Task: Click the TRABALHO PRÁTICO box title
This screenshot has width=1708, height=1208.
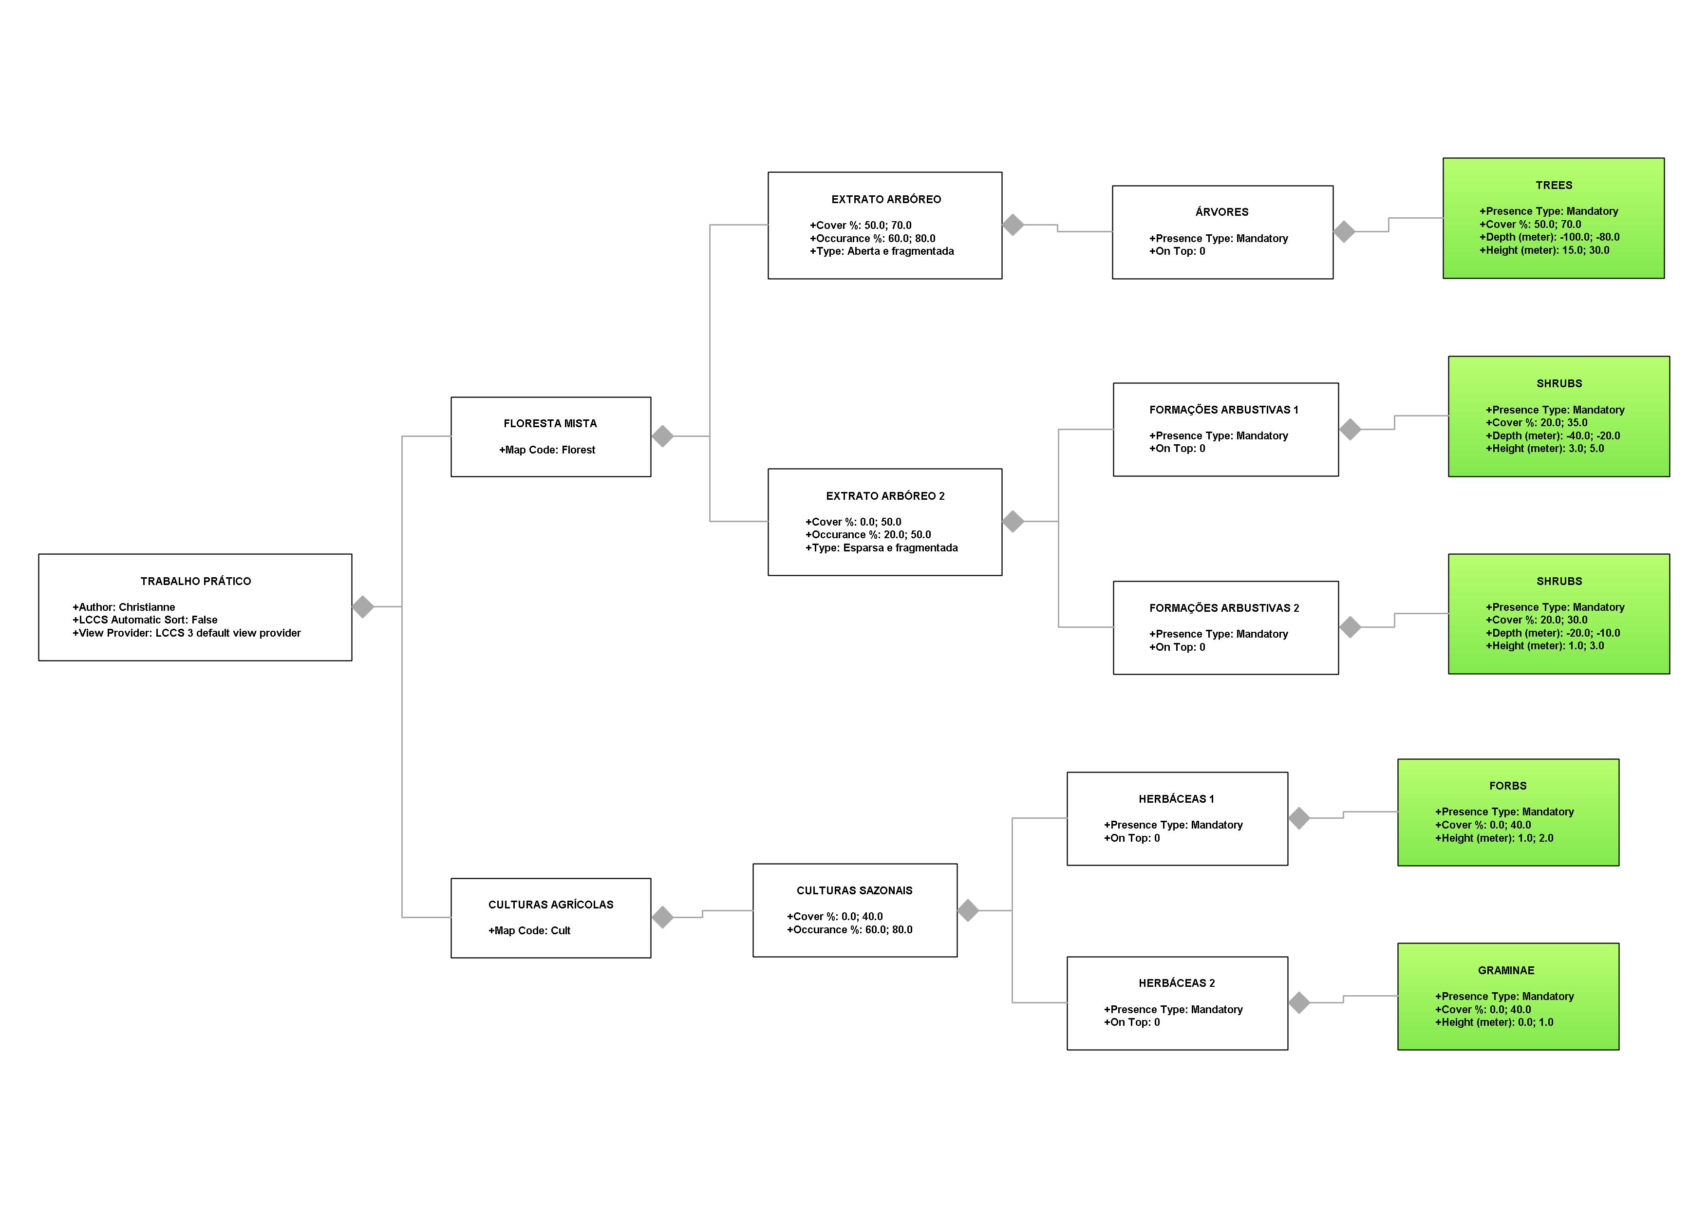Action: point(196,581)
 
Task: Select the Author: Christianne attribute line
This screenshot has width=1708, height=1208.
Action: point(124,607)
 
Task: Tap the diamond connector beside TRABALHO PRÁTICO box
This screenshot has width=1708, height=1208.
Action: point(363,607)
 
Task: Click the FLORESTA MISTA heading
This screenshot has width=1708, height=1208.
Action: point(550,423)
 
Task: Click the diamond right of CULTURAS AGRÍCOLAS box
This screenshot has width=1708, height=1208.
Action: point(662,917)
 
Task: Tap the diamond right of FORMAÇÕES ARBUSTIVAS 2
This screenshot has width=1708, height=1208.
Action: point(1350,627)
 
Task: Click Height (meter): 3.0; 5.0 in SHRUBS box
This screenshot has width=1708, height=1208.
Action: point(1544,449)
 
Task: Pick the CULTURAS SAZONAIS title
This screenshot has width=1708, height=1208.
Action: point(854,890)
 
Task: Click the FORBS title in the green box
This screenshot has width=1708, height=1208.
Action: point(1507,786)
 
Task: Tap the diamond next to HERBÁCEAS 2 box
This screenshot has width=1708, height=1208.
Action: point(1299,1003)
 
